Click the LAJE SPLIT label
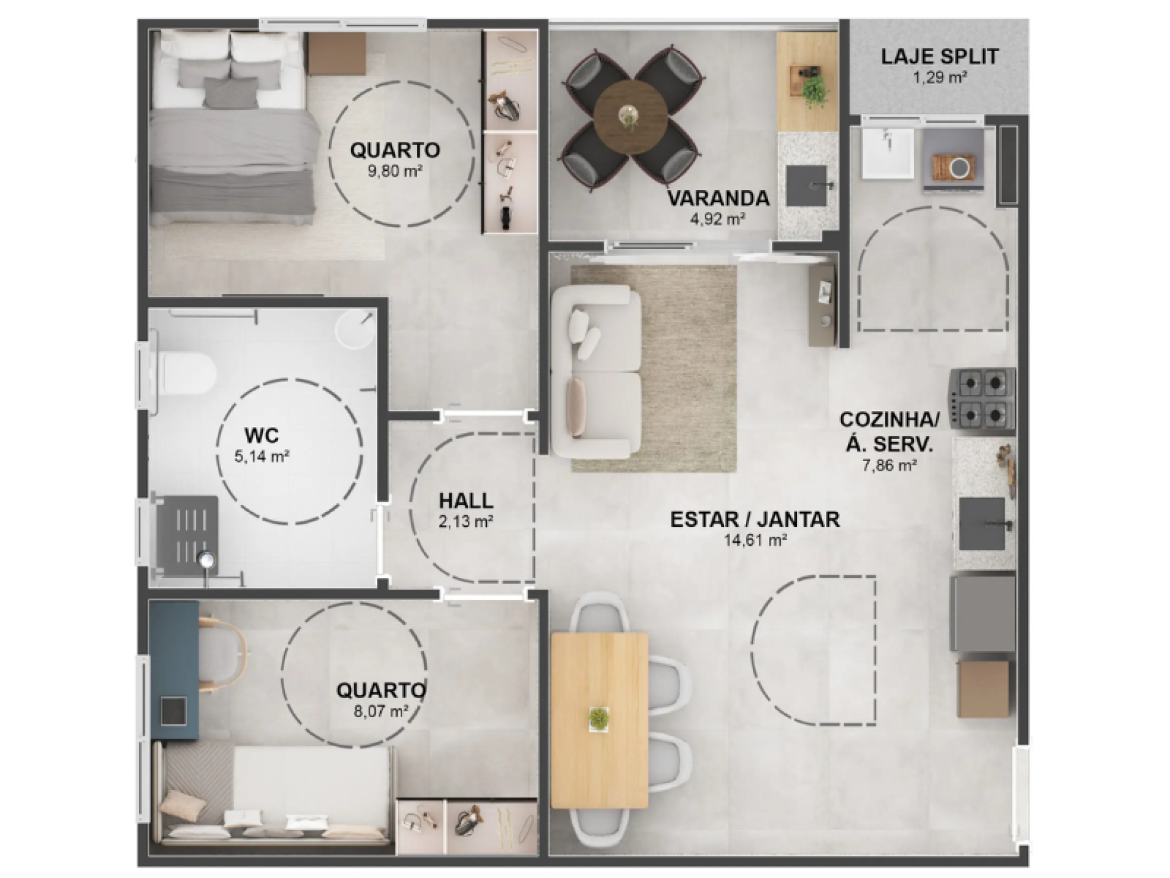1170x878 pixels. [940, 57]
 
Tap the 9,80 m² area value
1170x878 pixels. [395, 171]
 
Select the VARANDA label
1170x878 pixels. [718, 198]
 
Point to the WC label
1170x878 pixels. [261, 435]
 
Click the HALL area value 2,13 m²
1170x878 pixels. [466, 522]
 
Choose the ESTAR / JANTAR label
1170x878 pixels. [755, 519]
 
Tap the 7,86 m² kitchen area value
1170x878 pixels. [890, 466]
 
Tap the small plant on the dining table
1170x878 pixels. [598, 718]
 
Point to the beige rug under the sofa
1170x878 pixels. [654, 368]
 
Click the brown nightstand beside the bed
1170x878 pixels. [336, 54]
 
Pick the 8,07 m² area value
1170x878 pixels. [381, 711]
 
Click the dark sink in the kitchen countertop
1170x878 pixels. [982, 524]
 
